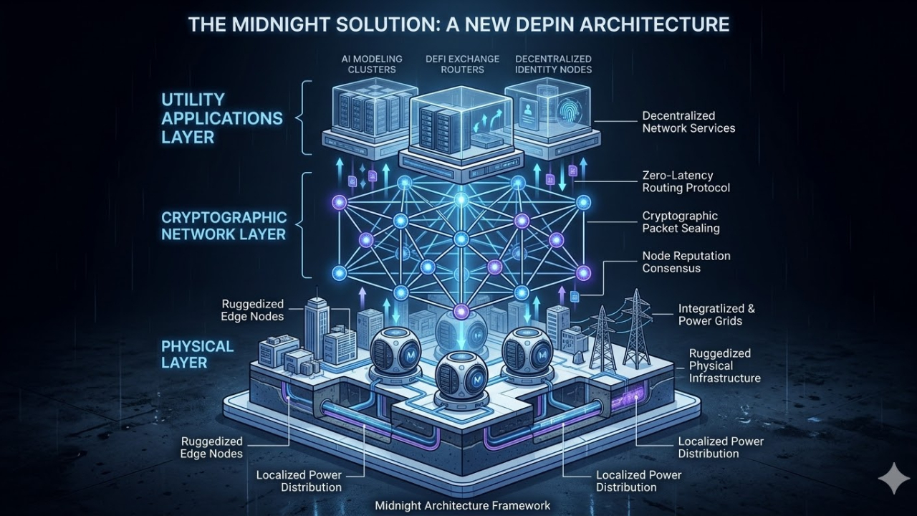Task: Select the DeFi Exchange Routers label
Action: pos(454,64)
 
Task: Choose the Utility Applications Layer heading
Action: pos(221,118)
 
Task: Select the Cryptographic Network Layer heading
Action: pos(224,225)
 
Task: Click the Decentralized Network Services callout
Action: pos(688,122)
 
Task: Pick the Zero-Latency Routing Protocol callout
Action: pos(686,181)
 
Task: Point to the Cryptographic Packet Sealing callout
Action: pos(680,221)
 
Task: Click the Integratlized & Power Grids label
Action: pos(716,315)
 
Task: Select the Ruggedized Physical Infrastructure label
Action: pos(724,365)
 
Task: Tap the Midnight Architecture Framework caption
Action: pos(463,506)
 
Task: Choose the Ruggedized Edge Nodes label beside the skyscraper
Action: pos(252,310)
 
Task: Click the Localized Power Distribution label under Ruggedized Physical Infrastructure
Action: pos(721,447)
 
